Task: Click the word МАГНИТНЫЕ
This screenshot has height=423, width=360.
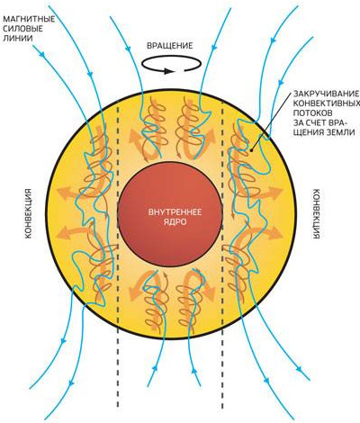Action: click(x=29, y=20)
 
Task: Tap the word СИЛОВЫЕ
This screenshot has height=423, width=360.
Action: click(x=22, y=29)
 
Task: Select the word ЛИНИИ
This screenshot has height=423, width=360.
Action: click(x=18, y=39)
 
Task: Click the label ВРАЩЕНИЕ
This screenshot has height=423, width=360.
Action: click(x=170, y=46)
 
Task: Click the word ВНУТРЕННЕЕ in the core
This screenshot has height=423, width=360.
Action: click(x=175, y=212)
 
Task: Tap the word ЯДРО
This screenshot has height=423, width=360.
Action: click(x=175, y=222)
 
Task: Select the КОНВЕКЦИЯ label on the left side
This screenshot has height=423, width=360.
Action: click(x=28, y=213)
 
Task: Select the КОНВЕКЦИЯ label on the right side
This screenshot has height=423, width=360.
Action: click(x=316, y=213)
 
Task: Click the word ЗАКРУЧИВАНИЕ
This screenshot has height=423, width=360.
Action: click(x=326, y=94)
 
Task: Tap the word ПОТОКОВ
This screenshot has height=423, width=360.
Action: click(x=312, y=113)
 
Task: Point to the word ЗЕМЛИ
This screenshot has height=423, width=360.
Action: click(x=340, y=132)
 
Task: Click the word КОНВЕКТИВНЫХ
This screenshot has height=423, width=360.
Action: click(x=327, y=103)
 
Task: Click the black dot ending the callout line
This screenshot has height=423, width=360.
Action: click(x=251, y=149)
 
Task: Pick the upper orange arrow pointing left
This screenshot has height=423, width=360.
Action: click(x=68, y=193)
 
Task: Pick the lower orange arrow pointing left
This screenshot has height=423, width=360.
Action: click(x=72, y=232)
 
